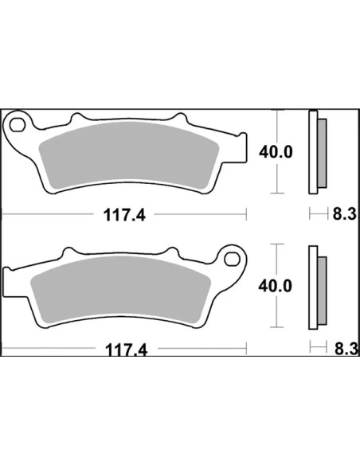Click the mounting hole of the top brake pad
click(x=17, y=125)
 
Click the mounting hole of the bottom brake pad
click(x=232, y=260)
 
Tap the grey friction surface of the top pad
click(x=129, y=155)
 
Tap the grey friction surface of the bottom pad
click(x=121, y=290)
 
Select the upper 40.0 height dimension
click(x=276, y=152)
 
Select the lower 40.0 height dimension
click(x=276, y=286)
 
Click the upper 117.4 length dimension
click(x=124, y=215)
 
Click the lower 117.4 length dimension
click(x=127, y=350)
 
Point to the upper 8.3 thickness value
click(x=344, y=214)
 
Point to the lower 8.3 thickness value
click(x=346, y=349)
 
